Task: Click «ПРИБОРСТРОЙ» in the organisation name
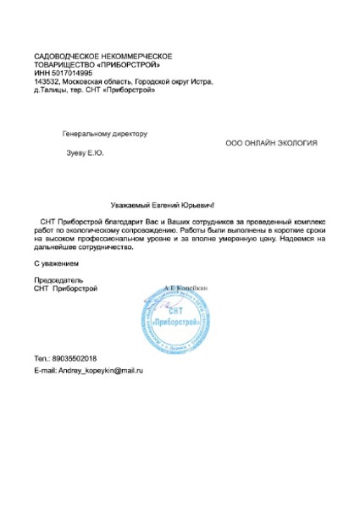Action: [128, 64]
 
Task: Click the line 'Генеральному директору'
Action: [105, 134]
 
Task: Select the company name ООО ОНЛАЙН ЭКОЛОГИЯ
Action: [271, 144]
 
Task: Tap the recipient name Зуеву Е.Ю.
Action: [85, 152]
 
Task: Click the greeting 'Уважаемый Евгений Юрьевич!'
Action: [164, 203]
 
